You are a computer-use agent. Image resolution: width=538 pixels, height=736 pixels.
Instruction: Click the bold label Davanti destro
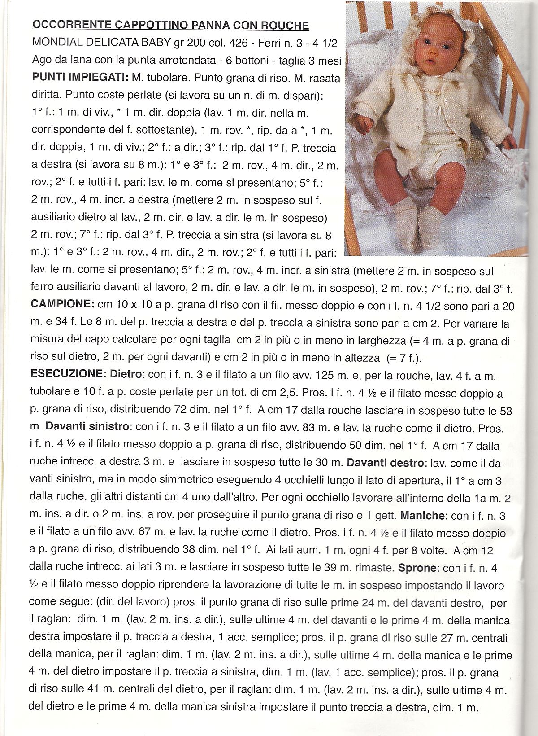point(383,462)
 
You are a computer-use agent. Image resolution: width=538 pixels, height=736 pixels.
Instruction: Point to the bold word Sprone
point(417,568)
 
